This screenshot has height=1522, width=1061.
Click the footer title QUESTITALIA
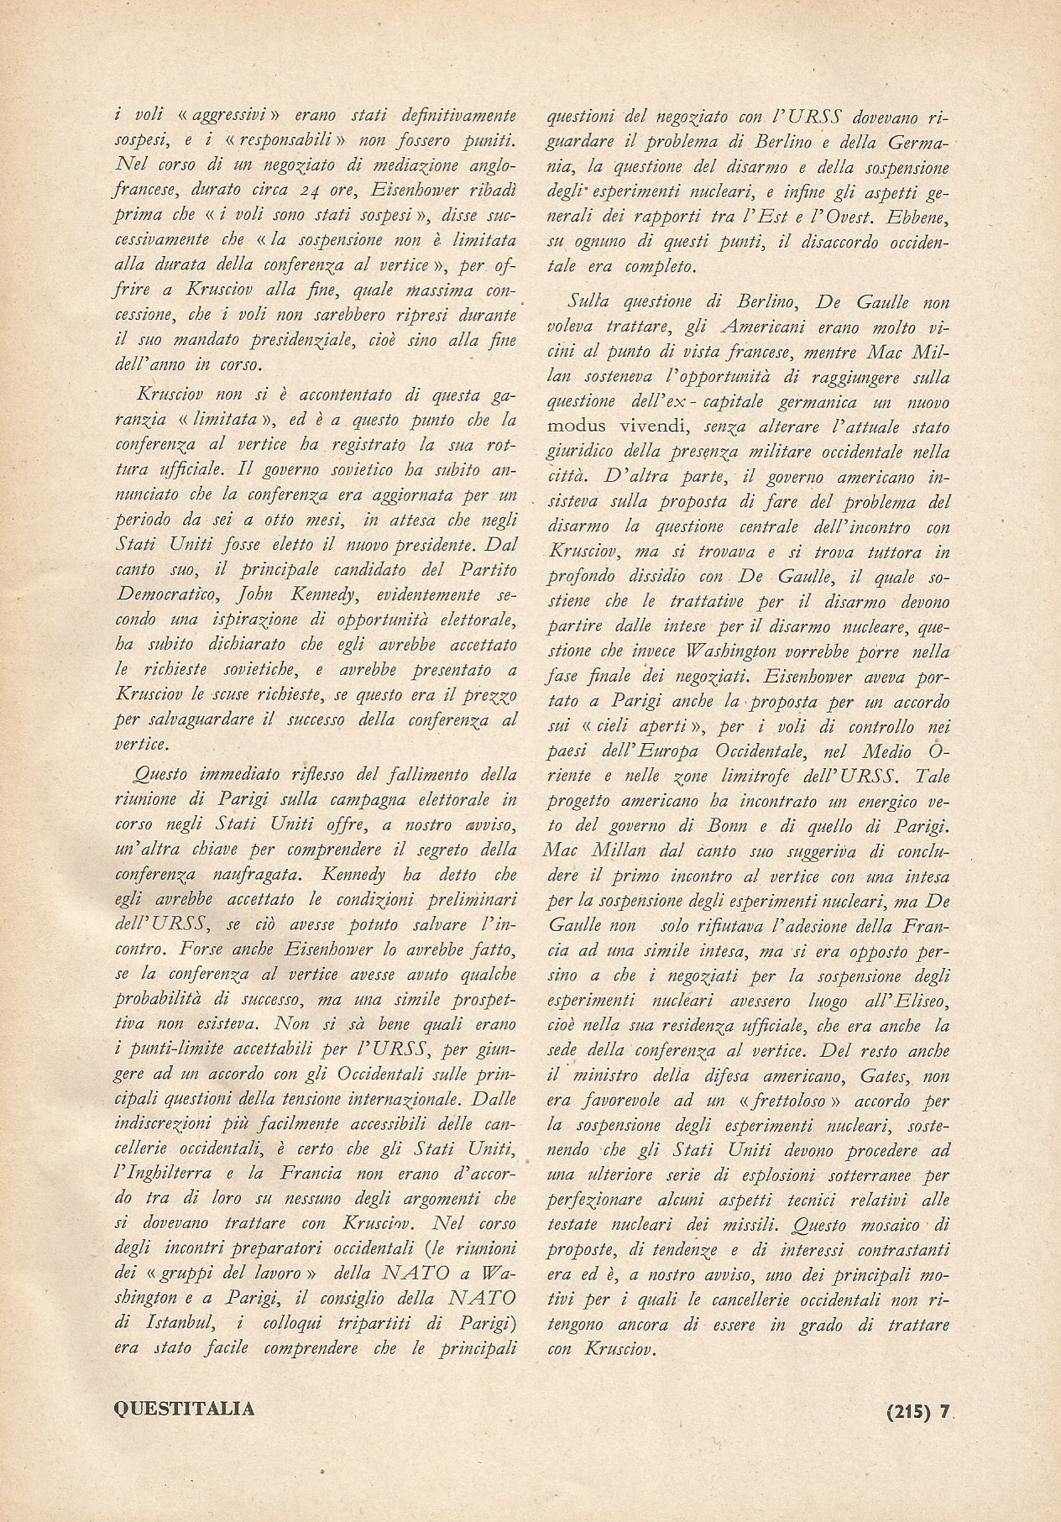point(183,1409)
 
